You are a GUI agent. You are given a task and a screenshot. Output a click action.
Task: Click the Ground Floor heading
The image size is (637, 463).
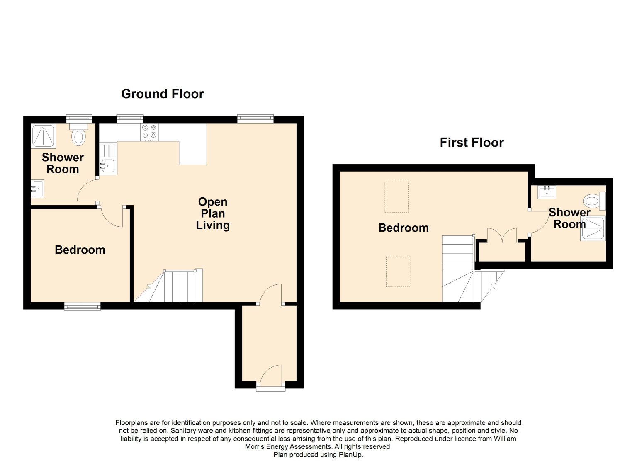pyautogui.click(x=163, y=94)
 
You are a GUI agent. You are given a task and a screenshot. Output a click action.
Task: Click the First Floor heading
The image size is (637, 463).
pyautogui.click(x=472, y=143)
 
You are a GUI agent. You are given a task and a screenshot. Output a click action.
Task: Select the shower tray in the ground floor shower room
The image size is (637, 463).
pyautogui.click(x=43, y=136)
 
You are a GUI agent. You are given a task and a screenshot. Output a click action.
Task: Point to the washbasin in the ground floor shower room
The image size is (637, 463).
pyautogui.click(x=37, y=189)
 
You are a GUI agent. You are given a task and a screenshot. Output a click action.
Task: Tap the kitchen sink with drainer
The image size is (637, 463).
pyautogui.click(x=108, y=159)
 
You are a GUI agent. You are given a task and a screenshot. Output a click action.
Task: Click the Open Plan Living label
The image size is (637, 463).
pyautogui.click(x=213, y=213)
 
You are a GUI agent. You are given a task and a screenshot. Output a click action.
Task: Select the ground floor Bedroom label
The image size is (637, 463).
pyautogui.click(x=80, y=250)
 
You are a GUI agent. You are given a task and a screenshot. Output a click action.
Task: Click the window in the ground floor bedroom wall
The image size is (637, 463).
pyautogui.click(x=82, y=306)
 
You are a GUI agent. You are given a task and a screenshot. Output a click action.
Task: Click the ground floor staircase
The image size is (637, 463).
pyautogui.click(x=168, y=285)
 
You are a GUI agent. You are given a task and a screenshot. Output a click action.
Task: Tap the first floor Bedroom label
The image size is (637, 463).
pyautogui.click(x=403, y=228)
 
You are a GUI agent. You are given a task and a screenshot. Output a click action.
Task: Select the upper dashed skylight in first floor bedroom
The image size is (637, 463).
pyautogui.click(x=397, y=197)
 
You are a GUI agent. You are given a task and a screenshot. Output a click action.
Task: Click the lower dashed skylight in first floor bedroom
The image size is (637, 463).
pyautogui.click(x=398, y=271)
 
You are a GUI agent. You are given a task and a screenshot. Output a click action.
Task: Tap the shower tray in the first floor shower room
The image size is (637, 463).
pyautogui.click(x=593, y=228)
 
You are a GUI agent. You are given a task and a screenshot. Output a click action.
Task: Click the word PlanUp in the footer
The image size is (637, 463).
pyautogui.click(x=350, y=455)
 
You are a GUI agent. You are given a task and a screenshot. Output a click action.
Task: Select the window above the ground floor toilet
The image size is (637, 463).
pyautogui.click(x=79, y=119)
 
